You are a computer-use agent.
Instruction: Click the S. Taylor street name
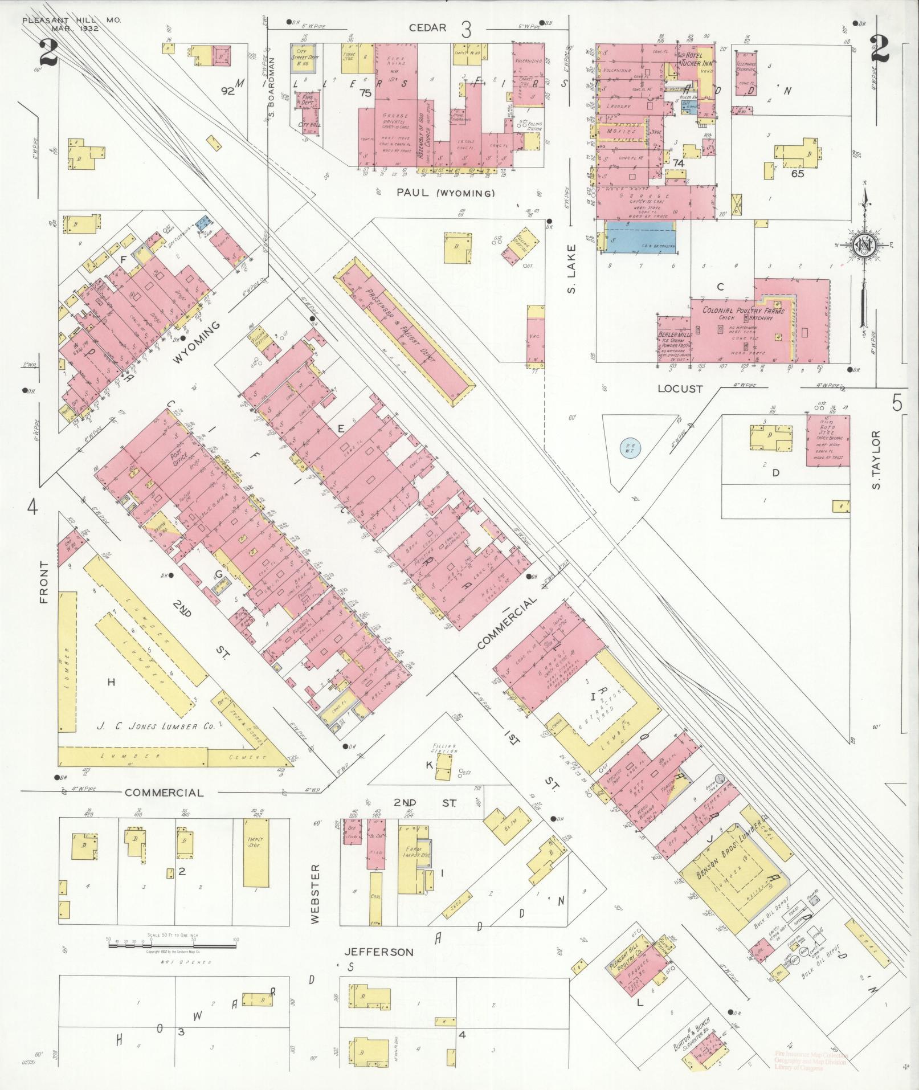[x=876, y=460]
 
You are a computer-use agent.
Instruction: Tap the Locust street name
[x=680, y=389]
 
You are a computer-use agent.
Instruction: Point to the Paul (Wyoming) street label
[x=446, y=194]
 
